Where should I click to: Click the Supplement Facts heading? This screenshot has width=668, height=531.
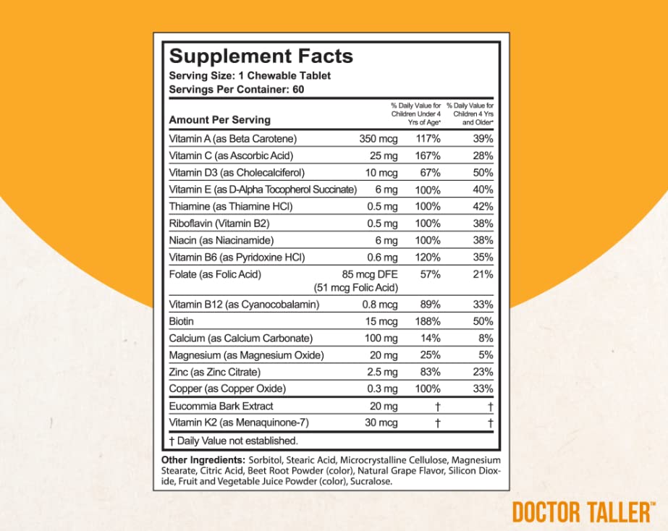[261, 56]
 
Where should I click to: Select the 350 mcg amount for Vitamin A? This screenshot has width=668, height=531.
[378, 138]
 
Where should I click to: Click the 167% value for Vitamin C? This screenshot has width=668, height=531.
[427, 156]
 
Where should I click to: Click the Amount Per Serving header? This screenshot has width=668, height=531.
[219, 119]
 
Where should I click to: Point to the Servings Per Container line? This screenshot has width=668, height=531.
[235, 90]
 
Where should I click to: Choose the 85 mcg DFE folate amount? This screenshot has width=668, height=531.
[369, 274]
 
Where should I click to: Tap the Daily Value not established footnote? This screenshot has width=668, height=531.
[233, 440]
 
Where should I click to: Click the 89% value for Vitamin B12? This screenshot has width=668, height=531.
[428, 305]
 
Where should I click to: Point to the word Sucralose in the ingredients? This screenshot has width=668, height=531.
[371, 482]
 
